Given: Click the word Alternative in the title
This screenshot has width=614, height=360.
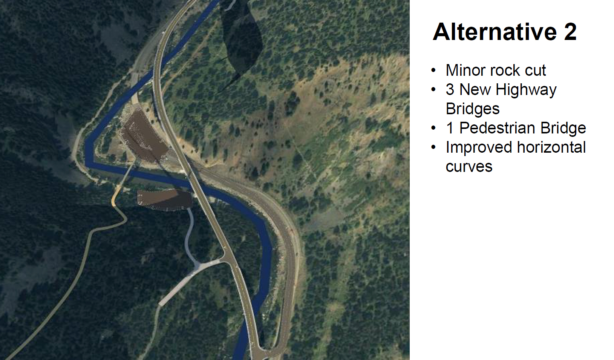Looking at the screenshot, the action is click(x=495, y=32).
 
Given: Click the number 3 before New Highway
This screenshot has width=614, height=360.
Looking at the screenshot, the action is click(x=450, y=90).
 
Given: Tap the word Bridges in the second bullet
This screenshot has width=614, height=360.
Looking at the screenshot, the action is click(x=473, y=109).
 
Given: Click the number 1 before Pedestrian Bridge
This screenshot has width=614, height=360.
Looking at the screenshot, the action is click(x=450, y=128).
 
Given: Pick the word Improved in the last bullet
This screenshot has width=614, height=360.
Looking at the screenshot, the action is click(x=479, y=148).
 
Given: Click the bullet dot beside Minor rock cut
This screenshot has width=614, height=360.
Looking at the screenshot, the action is click(x=433, y=70).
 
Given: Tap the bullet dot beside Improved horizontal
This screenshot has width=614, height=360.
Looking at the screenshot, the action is click(x=433, y=147).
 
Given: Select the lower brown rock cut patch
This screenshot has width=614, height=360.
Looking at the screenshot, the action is click(x=165, y=200).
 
